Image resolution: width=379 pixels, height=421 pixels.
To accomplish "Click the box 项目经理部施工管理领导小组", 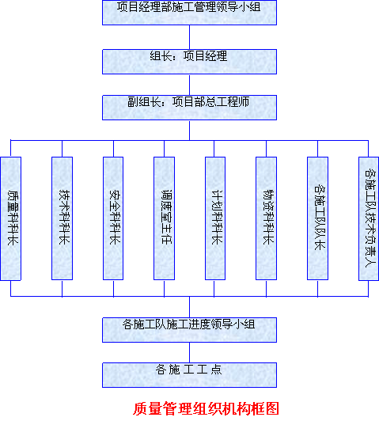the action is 190,13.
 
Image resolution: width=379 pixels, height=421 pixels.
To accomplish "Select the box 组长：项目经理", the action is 190,62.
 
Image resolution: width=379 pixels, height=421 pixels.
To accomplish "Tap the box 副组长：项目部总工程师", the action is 190,108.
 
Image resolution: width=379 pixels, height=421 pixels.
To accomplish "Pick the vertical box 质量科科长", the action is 11,218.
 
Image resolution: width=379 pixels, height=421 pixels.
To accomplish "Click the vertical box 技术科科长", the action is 62,218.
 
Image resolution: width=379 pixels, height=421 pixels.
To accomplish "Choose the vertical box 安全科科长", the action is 113,218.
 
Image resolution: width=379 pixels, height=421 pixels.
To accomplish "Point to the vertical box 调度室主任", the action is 164,218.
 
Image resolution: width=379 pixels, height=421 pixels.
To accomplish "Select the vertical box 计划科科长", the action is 215,218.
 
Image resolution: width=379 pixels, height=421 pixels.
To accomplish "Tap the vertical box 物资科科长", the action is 267,218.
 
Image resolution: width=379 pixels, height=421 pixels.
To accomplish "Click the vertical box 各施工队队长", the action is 317,218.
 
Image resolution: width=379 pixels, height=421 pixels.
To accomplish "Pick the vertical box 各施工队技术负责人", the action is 369,219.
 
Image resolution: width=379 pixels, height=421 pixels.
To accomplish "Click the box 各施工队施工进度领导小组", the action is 190,330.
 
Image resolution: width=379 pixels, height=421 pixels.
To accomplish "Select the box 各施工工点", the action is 190,375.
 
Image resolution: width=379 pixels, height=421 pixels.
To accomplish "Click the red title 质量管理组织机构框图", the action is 207,408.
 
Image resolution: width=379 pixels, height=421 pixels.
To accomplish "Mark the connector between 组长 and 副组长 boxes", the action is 190,85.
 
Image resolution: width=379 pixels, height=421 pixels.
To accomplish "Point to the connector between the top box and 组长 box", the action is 190,37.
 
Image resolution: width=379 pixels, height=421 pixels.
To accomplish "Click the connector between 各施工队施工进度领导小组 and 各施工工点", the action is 190,352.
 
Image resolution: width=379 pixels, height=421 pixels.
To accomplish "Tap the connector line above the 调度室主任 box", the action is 164,149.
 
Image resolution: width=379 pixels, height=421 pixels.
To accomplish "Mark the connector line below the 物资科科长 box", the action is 267,288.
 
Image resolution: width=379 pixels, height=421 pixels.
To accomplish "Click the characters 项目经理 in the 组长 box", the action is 206,56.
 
